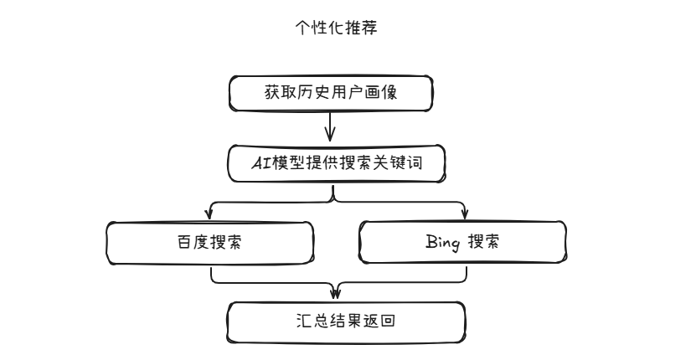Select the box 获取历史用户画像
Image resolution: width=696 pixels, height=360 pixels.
pyautogui.click(x=331, y=94)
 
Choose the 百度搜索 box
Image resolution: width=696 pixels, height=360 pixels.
pyautogui.click(x=210, y=242)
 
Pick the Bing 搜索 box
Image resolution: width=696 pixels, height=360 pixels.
pyautogui.click(x=462, y=242)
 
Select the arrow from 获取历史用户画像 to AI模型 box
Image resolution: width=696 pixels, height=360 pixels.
pyautogui.click(x=330, y=126)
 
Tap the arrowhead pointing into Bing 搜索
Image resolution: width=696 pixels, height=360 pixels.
pyautogui.click(x=466, y=215)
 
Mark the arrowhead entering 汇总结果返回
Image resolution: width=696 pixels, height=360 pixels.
pyautogui.click(x=336, y=293)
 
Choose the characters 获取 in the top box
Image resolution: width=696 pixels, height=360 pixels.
pyautogui.click(x=271, y=93)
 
